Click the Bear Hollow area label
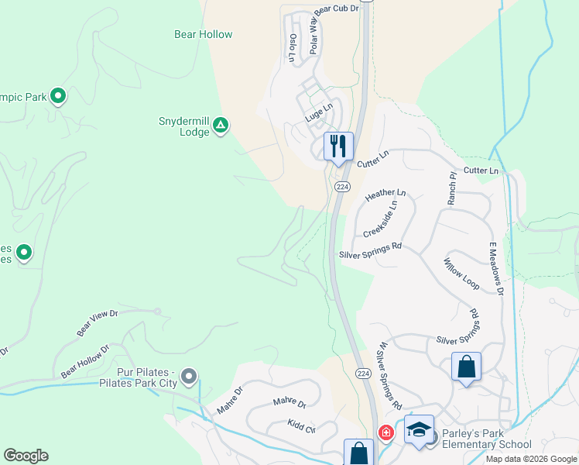click(x=203, y=35)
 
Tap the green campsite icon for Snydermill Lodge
click(x=221, y=124)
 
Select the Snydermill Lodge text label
click(x=183, y=127)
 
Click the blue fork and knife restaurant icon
click(x=338, y=145)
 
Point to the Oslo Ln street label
click(x=293, y=47)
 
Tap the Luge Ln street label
click(x=318, y=114)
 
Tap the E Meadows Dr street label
click(x=495, y=269)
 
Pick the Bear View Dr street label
click(x=97, y=323)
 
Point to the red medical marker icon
click(x=385, y=432)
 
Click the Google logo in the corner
click(x=26, y=456)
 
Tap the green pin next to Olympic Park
click(x=57, y=96)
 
